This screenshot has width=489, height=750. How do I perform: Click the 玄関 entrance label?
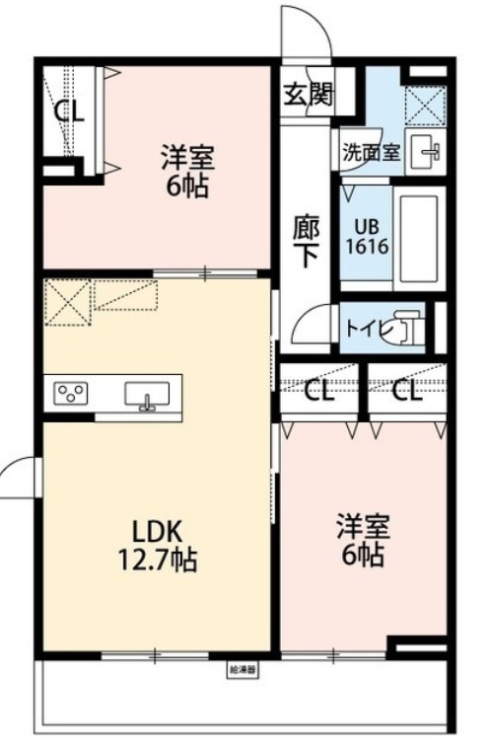(309, 95)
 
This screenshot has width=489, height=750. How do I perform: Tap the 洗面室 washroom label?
(371, 153)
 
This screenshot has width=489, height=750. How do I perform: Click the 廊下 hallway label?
(306, 240)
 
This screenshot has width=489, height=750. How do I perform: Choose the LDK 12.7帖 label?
(157, 547)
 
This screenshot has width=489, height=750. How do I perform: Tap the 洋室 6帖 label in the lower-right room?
(361, 540)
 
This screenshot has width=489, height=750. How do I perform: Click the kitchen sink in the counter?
(146, 395)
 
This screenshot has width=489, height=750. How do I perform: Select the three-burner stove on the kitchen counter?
(70, 395)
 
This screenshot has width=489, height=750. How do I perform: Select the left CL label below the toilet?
(318, 391)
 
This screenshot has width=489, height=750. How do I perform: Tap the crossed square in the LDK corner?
(68, 301)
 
